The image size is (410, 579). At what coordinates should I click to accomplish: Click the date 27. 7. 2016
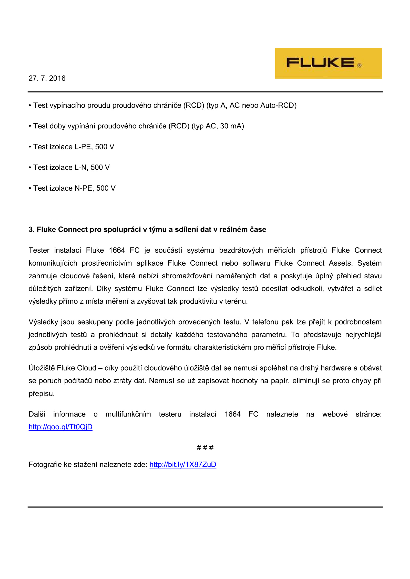(x=47, y=78)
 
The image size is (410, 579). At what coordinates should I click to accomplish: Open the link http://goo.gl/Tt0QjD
(x=60, y=427)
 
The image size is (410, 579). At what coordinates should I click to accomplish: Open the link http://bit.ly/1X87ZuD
(x=183, y=464)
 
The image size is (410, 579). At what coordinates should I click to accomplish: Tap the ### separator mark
(x=205, y=447)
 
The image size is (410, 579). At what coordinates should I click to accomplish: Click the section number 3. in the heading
(x=32, y=230)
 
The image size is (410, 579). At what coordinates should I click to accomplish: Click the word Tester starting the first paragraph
(x=39, y=250)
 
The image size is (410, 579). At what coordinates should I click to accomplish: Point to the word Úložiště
(x=42, y=368)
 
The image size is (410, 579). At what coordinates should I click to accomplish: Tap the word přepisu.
(x=42, y=394)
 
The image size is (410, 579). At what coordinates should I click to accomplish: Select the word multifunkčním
(x=128, y=414)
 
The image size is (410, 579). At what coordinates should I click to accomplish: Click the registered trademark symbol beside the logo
(x=360, y=65)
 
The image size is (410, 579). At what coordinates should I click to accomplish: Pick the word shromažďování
(x=187, y=276)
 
